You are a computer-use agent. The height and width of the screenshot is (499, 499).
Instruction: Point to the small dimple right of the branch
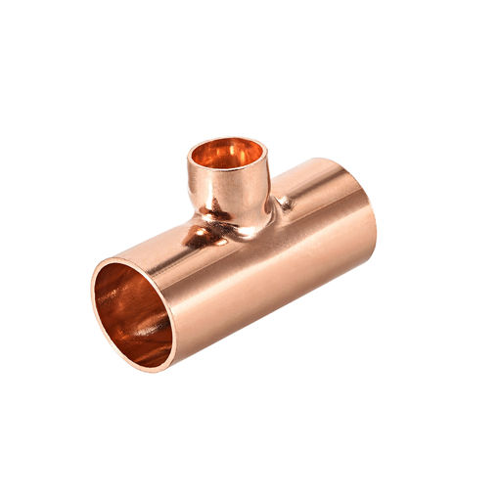[x=285, y=204]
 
